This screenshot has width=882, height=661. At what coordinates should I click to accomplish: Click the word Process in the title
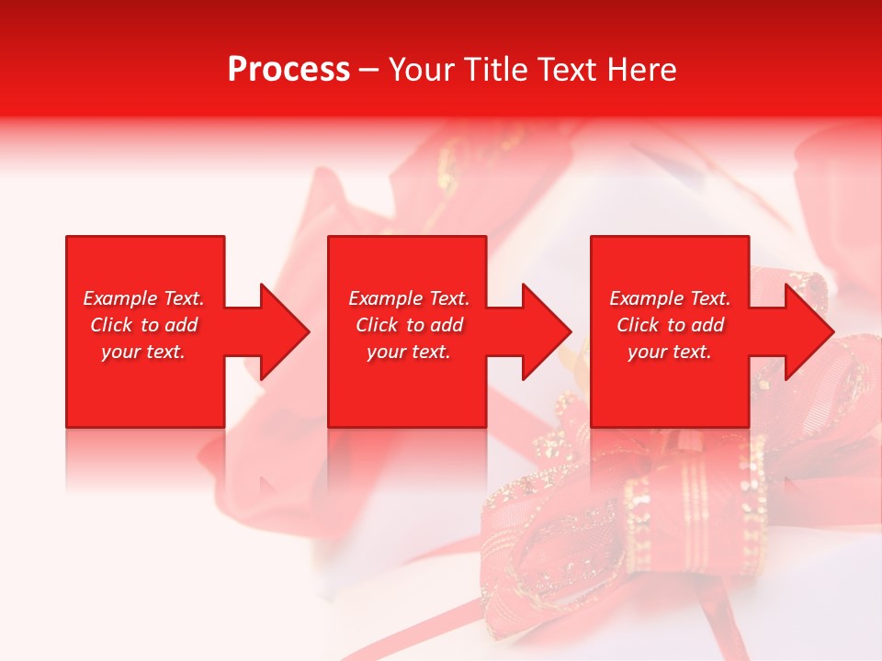(x=288, y=70)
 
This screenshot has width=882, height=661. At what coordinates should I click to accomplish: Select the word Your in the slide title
(x=424, y=70)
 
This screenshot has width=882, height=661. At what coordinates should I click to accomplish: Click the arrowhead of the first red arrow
(x=285, y=331)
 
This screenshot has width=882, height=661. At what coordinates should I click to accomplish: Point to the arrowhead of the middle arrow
(x=547, y=331)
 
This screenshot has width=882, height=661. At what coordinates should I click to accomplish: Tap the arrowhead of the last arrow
(x=809, y=331)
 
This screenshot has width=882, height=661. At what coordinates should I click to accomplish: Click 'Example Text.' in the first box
(x=144, y=298)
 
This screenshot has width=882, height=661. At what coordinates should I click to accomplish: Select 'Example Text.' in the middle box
(x=409, y=298)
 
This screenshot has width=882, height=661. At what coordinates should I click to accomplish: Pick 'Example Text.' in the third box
(x=670, y=298)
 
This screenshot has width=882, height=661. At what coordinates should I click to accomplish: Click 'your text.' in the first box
(x=143, y=352)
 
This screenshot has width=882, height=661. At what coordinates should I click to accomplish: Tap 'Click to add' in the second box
(x=409, y=325)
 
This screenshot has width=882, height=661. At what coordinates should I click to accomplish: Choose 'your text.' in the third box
(x=670, y=352)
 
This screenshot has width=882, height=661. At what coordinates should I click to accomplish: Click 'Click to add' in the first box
(x=144, y=325)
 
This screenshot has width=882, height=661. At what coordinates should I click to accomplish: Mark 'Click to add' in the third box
(x=670, y=325)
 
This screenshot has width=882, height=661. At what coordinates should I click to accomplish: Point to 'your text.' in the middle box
(x=408, y=352)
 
